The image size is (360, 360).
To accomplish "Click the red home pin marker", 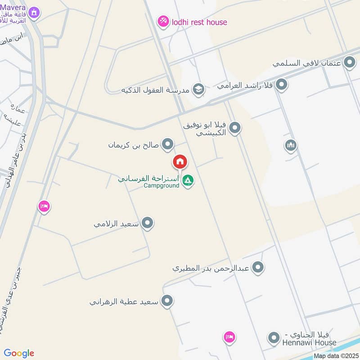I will coord(180,162).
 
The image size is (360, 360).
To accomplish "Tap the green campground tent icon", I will coord(188,181).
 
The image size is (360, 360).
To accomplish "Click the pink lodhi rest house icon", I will coord(163,21).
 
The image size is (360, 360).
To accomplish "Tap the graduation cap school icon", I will coord(198,90).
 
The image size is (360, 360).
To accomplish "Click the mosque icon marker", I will coord(291,145).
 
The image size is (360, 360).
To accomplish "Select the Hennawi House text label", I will coord(309,342).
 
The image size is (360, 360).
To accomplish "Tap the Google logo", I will coord(19,353).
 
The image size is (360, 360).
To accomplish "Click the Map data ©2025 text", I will coord(335,356).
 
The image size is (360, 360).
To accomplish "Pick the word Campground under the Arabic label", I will coord(162,185).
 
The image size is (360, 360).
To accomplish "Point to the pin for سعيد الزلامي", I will coord(147,223).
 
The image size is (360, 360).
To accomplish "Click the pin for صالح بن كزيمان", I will coord(168,144).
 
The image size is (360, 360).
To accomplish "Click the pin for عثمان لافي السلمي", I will coord(350,63).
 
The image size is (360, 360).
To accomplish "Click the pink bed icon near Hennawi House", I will coord(229,337).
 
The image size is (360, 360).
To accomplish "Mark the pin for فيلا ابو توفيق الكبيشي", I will coord(234,129).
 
